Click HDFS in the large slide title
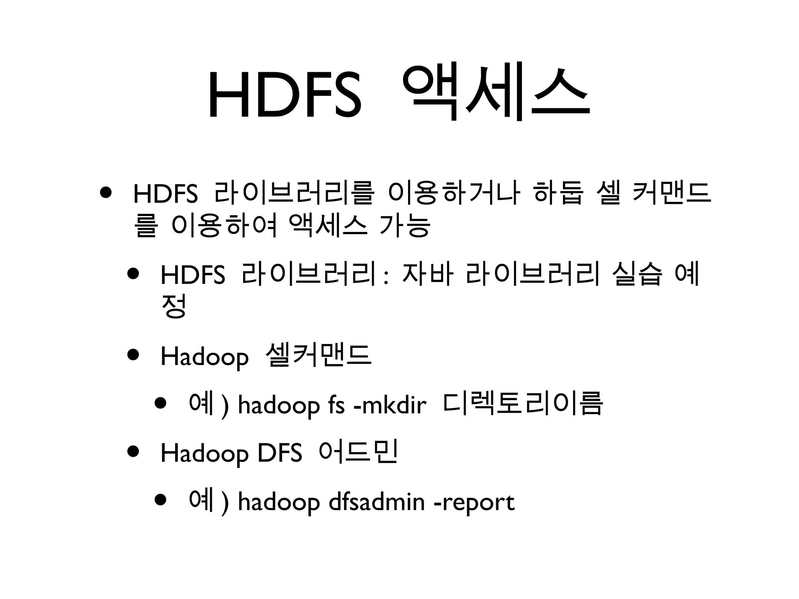tap(285, 96)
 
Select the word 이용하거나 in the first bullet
tap(454, 194)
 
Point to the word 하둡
tap(558, 194)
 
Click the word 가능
tap(405, 226)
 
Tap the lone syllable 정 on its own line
tap(174, 306)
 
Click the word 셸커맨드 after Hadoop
tap(318, 355)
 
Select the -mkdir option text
tap(390, 406)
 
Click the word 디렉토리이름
tap(523, 404)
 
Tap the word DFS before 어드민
tap(280, 454)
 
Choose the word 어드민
tap(358, 452)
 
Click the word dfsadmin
tap(376, 502)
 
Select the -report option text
tap(474, 502)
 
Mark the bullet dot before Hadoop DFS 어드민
tap(133, 452)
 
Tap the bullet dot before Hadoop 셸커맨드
tap(133, 354)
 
